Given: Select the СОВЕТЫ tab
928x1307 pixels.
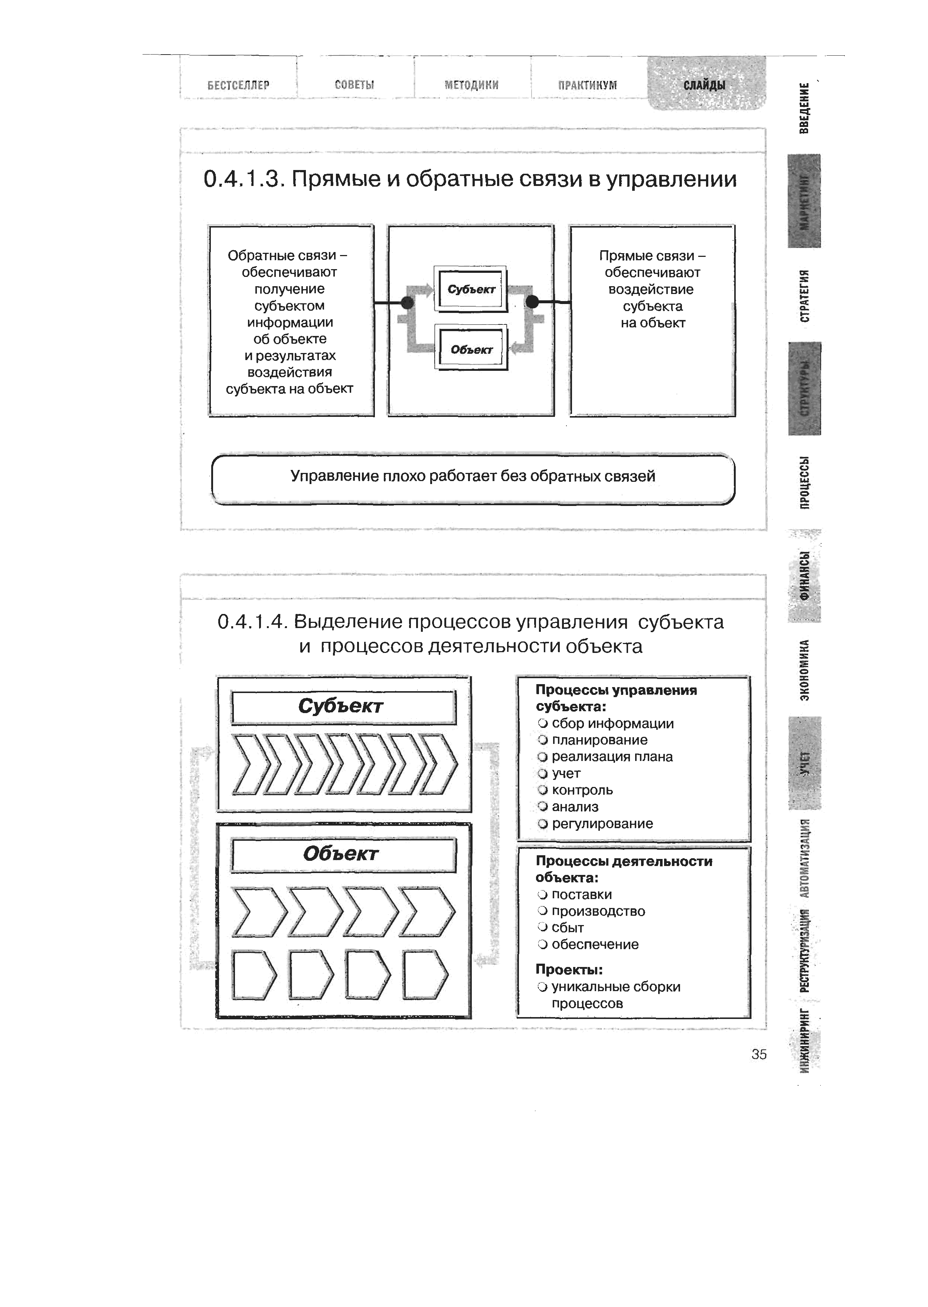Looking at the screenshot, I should (x=354, y=85).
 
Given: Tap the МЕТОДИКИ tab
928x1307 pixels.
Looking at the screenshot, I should (x=471, y=85).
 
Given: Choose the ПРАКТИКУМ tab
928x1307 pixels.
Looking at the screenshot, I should (x=588, y=85).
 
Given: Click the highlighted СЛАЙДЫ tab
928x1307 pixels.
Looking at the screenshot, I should (x=705, y=85).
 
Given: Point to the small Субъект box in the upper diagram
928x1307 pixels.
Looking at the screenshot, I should (x=471, y=289).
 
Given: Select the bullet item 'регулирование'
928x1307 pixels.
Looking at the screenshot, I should (x=602, y=824).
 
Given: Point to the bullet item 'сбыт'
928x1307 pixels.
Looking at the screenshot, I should (x=568, y=928).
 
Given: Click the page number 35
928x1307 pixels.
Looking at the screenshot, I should (x=759, y=1055).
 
